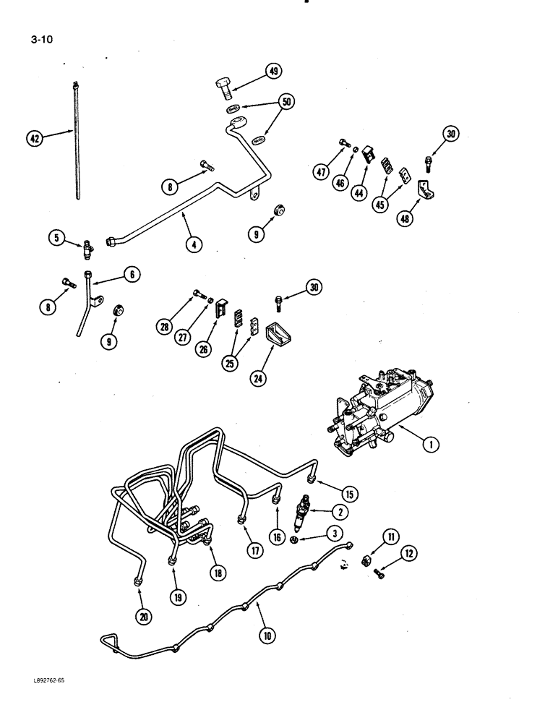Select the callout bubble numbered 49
[x=272, y=71]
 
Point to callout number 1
[x=431, y=445]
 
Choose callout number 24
[x=256, y=377]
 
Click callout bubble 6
[x=132, y=274]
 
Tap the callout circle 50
[x=286, y=102]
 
